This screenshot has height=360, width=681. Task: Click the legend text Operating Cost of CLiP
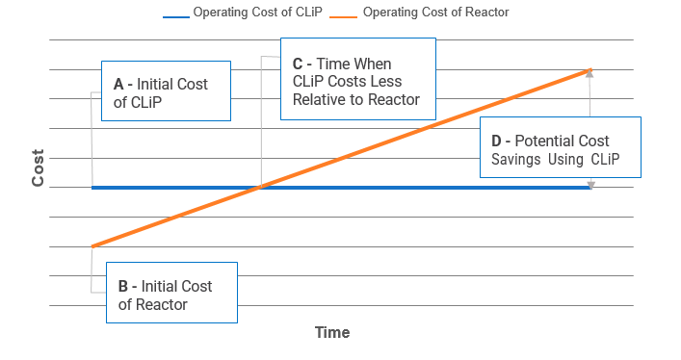pyautogui.click(x=256, y=13)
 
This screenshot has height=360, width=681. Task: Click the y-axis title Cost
pyautogui.click(x=39, y=167)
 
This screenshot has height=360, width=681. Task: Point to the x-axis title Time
pyautogui.click(x=332, y=333)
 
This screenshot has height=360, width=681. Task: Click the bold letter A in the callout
pyautogui.click(x=118, y=84)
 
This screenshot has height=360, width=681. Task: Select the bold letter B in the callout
pyautogui.click(x=123, y=286)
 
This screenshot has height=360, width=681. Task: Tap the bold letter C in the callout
pyautogui.click(x=298, y=64)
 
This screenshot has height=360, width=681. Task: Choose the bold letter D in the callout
pyautogui.click(x=497, y=141)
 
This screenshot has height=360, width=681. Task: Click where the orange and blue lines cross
pyautogui.click(x=260, y=187)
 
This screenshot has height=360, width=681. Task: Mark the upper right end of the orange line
pyautogui.click(x=589, y=69)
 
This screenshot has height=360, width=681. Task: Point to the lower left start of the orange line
pyautogui.click(x=92, y=246)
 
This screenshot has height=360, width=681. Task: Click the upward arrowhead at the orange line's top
pyautogui.click(x=590, y=74)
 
